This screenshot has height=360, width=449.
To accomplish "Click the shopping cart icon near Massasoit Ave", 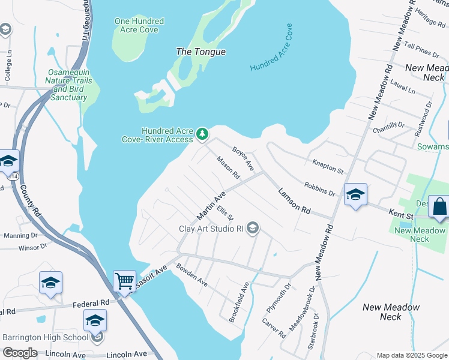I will coord(124,280).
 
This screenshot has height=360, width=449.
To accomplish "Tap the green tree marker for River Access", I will coord(202,133).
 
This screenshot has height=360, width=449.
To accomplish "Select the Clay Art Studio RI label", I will coord(211,228).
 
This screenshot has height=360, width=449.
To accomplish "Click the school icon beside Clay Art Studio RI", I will coord(253,227).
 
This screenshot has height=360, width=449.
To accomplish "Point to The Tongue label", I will coord(200,52).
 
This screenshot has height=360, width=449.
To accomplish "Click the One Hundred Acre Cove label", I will coord(139,25).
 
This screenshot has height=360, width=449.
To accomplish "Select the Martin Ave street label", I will coord(211,206).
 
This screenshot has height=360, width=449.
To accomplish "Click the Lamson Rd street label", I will coord(294,200).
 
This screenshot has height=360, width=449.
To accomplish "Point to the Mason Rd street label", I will coord(228,168).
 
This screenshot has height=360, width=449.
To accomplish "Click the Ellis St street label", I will coord(225,212).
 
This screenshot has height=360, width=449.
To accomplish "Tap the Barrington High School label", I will coord(45,337).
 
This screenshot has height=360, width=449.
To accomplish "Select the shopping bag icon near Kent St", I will coord(439,206).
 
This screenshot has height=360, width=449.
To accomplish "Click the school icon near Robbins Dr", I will coord(355,194).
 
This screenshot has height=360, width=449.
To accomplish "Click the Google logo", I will coord(20,353).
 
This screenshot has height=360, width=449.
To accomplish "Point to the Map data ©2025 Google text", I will coord(411,355).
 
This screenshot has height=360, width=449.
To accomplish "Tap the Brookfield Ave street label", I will coord(237,302).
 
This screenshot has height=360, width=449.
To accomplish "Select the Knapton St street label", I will coord(327,166).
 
